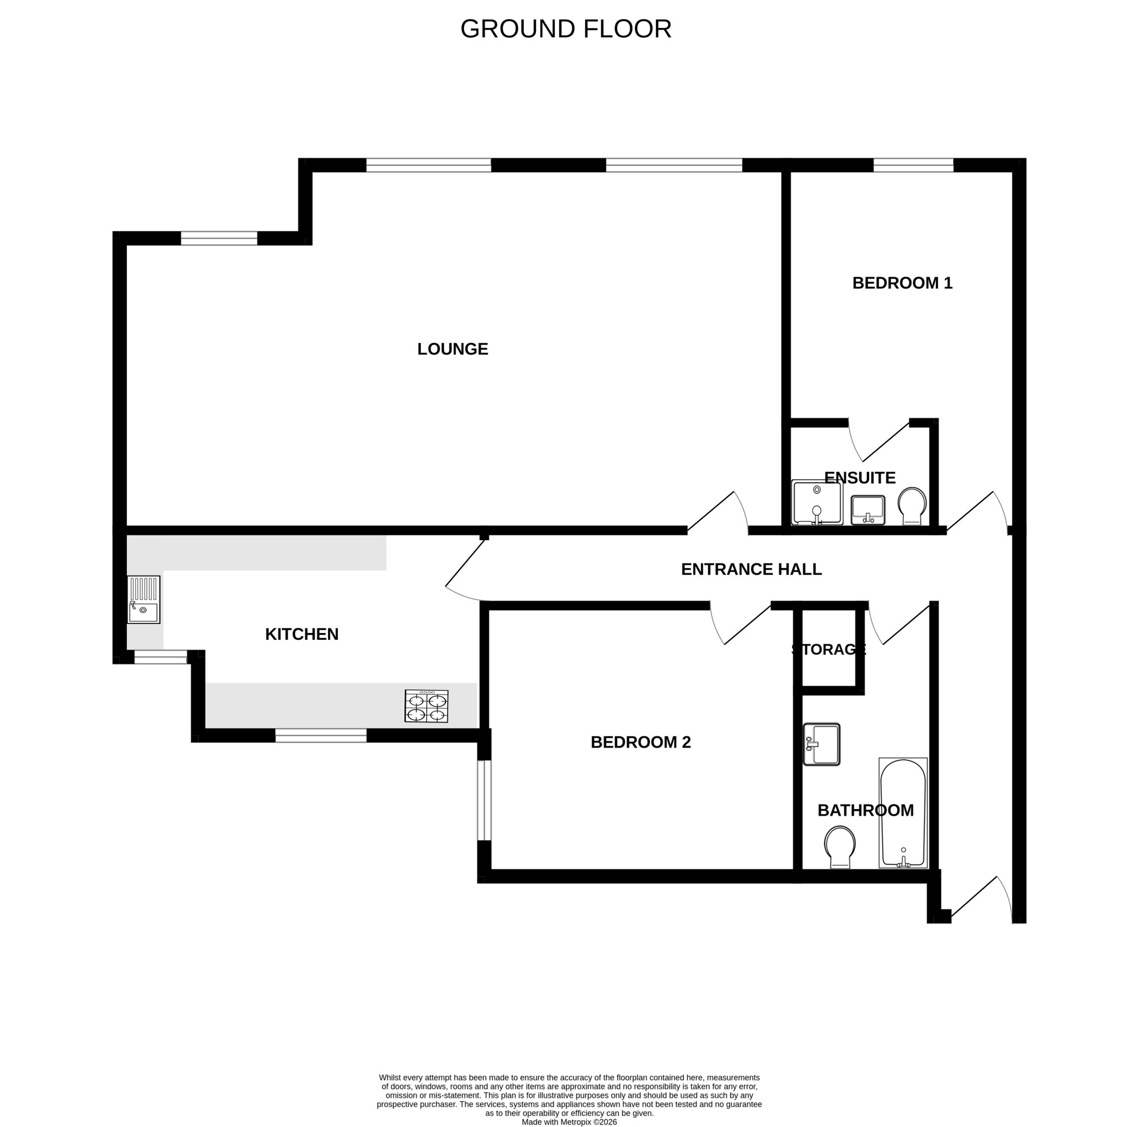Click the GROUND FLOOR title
click(x=566, y=29)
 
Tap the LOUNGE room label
click(x=452, y=349)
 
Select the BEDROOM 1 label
click(x=902, y=283)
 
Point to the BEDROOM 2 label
click(x=640, y=742)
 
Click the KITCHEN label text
click(x=302, y=634)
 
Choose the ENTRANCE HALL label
click(x=751, y=569)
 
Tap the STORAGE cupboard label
click(x=828, y=650)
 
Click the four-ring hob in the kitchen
click(x=426, y=706)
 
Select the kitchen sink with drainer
click(x=144, y=600)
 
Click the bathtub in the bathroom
click(x=903, y=813)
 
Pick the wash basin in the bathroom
click(x=822, y=745)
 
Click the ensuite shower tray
click(x=817, y=503)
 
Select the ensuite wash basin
click(x=868, y=510)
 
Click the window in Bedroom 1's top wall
click(x=913, y=165)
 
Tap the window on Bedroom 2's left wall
click(x=484, y=801)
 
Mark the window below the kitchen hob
click(x=321, y=736)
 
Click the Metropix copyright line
click(x=569, y=1122)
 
